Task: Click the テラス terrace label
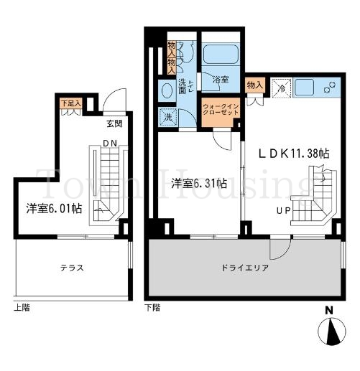72,267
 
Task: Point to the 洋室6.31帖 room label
198,184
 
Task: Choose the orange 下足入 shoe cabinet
70,103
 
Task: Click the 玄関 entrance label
114,123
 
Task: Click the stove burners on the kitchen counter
331,89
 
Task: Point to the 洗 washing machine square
167,117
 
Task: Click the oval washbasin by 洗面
166,90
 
